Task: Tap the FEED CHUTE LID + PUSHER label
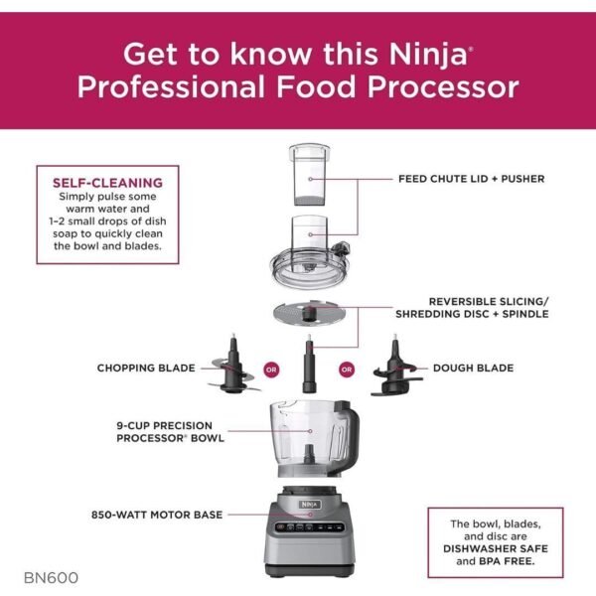click(471, 179)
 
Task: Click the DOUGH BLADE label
click(473, 369)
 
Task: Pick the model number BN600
click(52, 576)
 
